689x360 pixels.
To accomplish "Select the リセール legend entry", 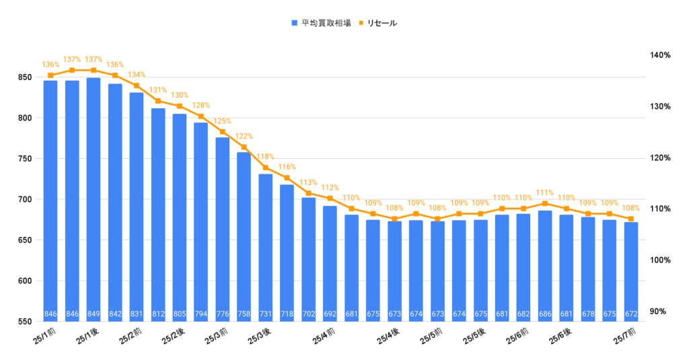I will [381, 23].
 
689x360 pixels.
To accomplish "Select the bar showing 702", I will [308, 256].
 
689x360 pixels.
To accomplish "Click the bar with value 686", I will [545, 262].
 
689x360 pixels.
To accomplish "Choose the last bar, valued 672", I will [630, 269].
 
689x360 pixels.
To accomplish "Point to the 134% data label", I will [137, 75].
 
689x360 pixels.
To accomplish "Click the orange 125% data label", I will [223, 121].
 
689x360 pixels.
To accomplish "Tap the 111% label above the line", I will [545, 192].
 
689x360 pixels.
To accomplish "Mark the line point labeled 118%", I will [265, 168].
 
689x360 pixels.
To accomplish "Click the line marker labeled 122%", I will [244, 147].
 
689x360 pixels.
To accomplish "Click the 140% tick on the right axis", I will [661, 56].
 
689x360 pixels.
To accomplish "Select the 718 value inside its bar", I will [287, 314].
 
